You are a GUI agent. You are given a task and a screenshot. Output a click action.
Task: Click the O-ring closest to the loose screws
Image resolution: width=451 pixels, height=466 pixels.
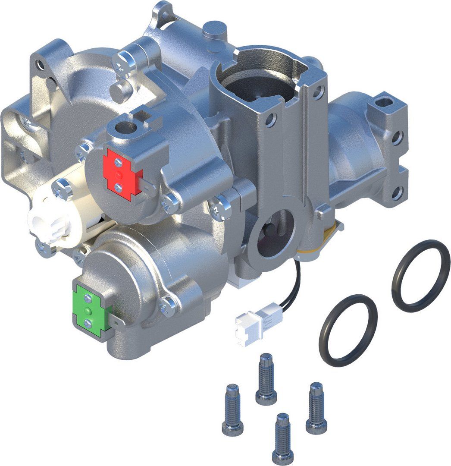click(x=348, y=330)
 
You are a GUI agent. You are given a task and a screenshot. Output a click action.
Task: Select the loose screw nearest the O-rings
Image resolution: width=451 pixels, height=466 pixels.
click(x=316, y=407)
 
